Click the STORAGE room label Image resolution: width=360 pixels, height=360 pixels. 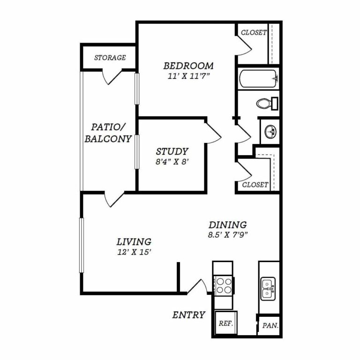tap(110, 57)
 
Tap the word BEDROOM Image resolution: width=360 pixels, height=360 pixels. tap(188, 66)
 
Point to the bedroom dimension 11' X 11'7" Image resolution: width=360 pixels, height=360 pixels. tap(188, 76)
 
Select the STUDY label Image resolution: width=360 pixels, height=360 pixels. tap(172, 151)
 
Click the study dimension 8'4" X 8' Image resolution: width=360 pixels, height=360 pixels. tap(172, 162)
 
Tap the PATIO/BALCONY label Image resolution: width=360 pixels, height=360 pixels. tap(108, 133)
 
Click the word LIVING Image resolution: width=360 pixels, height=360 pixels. tap(134, 242)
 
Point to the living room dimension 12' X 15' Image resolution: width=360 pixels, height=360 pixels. tap(134, 252)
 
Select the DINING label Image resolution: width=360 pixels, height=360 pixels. tap(227, 225)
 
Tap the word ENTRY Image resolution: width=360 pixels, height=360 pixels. tap(188, 315)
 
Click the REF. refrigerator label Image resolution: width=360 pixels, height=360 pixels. tap(225, 323)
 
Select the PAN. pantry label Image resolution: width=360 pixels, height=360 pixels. tap(270, 326)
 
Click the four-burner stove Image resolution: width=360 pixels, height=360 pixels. tap(224, 285)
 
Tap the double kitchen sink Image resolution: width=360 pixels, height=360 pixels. tap(268, 289)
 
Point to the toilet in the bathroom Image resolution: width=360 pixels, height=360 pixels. tap(267, 104)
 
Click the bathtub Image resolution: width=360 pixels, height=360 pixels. tap(259, 79)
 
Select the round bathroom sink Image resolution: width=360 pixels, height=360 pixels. tap(270, 132)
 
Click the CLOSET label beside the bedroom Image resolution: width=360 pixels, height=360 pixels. tap(254, 32)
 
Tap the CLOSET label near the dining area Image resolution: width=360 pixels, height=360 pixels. tap(255, 185)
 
